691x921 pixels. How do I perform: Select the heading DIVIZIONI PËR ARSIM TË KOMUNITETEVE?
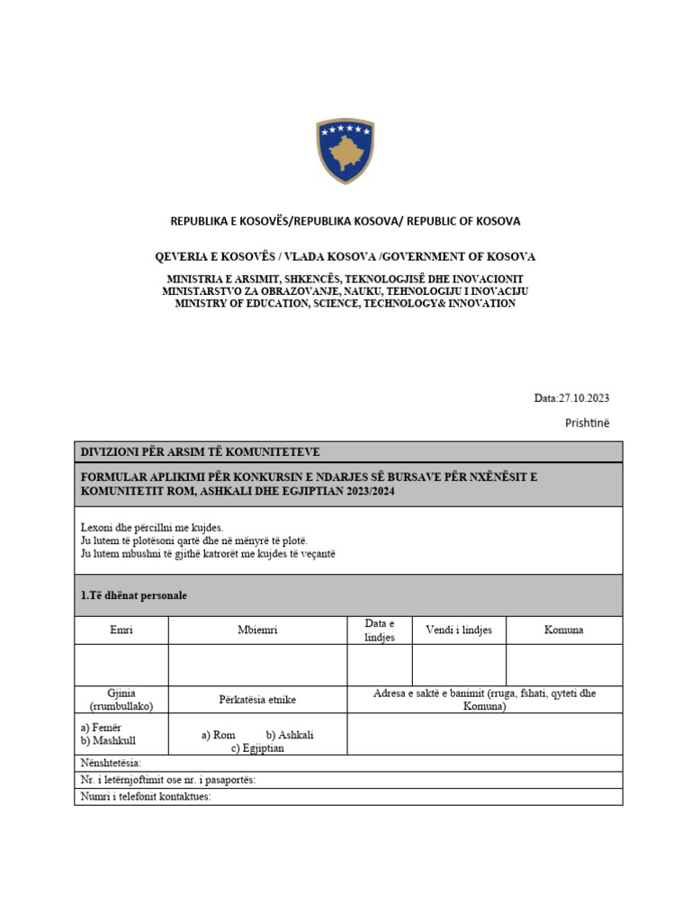click(200, 452)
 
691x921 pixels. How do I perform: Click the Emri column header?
click(121, 630)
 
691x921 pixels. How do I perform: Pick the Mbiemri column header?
click(257, 630)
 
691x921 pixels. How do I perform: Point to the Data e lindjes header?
click(379, 630)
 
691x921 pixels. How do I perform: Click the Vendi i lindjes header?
click(459, 630)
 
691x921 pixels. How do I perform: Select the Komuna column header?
click(563, 630)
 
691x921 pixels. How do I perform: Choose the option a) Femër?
click(101, 728)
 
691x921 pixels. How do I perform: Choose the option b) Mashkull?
click(108, 741)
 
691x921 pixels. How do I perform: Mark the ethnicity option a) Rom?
click(219, 735)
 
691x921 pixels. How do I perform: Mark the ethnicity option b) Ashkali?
click(290, 735)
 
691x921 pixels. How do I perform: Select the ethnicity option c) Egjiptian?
click(257, 748)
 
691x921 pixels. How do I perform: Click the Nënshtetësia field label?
click(112, 764)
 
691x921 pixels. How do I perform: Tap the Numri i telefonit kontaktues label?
click(146, 797)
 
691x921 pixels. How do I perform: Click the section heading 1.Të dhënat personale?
click(134, 595)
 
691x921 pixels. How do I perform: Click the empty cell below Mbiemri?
click(257, 666)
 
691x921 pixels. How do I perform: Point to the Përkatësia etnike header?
click(257, 700)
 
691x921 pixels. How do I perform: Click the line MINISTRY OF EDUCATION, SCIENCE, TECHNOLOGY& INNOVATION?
click(345, 304)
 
